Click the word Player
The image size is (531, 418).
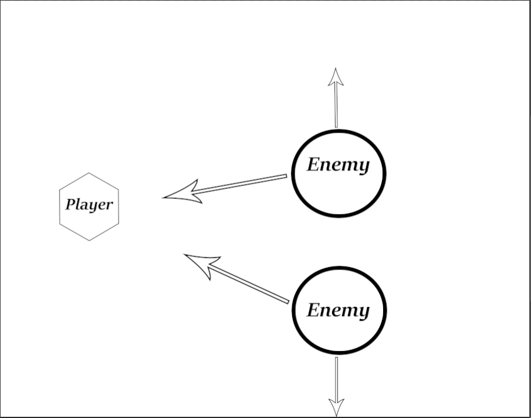tap(89, 205)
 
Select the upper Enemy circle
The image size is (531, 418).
tap(339, 194)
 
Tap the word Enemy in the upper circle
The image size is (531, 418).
tap(339, 165)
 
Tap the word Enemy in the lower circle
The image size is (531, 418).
tap(339, 310)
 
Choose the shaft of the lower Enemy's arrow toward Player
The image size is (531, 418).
tap(249, 285)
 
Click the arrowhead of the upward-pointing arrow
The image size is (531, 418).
tap(336, 77)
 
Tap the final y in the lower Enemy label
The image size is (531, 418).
tap(364, 312)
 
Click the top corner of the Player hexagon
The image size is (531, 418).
tap(89, 173)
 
